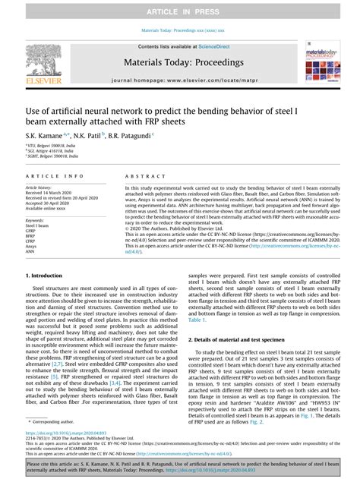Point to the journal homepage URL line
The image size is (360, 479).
(x=180, y=79)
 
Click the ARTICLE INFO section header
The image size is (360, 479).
(x=55, y=174)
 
